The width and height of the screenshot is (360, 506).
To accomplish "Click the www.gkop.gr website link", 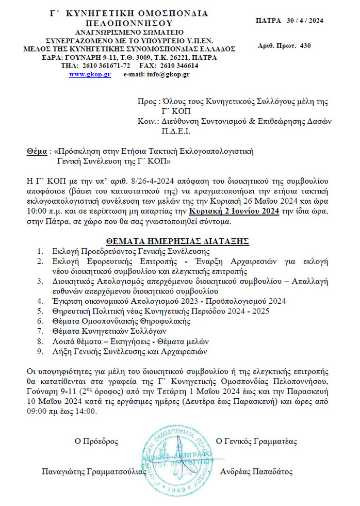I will (90, 74).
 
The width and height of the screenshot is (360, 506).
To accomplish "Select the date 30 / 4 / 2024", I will (304, 21).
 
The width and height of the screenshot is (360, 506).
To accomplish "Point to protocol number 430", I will (305, 46).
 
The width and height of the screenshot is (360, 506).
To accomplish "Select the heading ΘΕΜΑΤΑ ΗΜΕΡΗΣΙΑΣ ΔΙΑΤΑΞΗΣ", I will (177, 241).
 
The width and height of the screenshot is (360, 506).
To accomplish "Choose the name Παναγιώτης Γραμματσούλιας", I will (93, 471).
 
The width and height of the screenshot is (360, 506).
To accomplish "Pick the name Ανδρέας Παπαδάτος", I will (256, 471).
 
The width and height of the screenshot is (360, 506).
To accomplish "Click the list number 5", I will (40, 311).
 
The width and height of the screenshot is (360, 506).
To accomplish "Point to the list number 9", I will (40, 352).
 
